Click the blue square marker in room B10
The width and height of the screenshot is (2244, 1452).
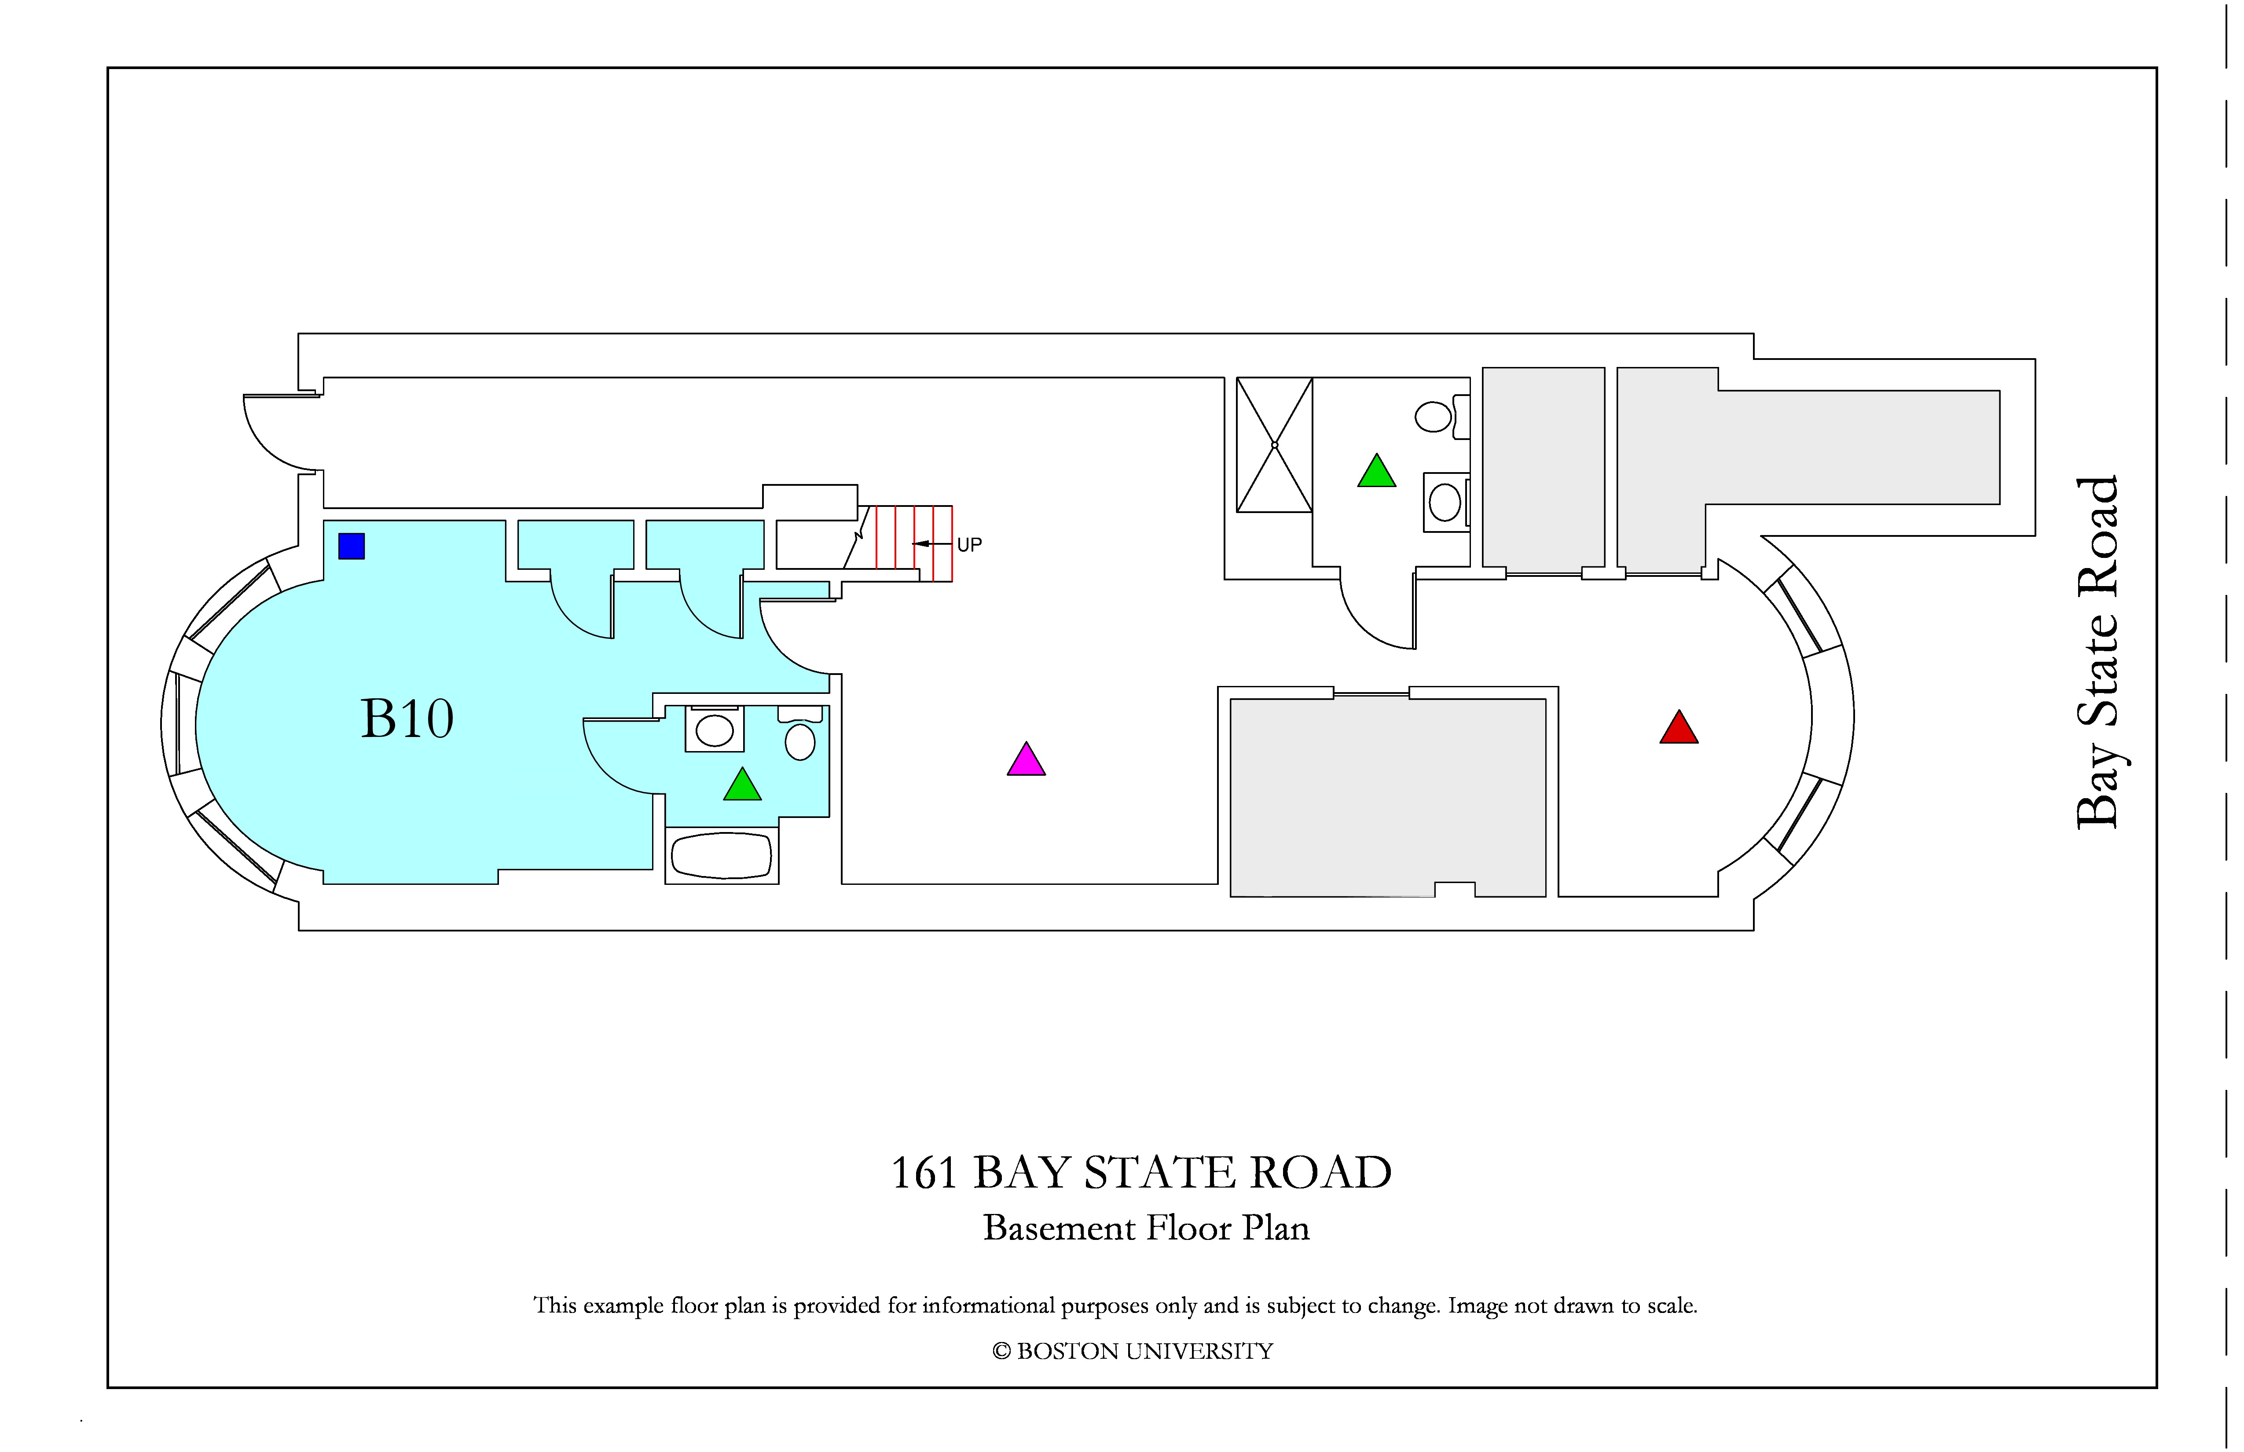352,546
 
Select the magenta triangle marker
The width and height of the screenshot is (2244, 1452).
1026,759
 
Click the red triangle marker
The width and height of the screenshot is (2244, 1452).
1679,727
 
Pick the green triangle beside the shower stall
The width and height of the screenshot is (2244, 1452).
1377,470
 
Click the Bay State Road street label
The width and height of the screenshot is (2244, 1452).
2099,653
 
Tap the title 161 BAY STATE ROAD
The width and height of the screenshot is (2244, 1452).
1141,1173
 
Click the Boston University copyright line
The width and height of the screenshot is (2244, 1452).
1133,1351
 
